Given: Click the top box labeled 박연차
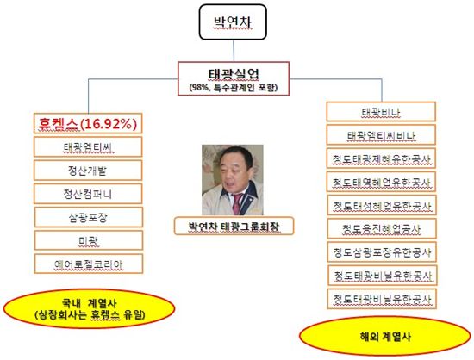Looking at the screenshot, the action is click(233, 22).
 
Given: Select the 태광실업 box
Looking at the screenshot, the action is click(234, 79).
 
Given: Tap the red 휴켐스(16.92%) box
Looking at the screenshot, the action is click(88, 123).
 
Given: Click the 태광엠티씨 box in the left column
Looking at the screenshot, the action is click(88, 146).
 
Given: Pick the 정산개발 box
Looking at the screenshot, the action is click(88, 171).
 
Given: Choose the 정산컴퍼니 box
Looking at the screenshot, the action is click(88, 194).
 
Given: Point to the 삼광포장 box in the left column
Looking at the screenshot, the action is click(89, 217).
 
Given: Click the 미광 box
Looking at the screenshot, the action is click(89, 240).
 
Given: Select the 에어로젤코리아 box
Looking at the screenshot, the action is click(89, 264).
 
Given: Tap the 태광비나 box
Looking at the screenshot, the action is click(381, 112).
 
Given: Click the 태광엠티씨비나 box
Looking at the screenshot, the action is click(381, 135).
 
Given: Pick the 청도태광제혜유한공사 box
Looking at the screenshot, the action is click(381, 158).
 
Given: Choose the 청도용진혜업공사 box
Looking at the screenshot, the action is click(382, 228).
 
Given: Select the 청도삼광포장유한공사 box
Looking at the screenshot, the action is click(382, 251).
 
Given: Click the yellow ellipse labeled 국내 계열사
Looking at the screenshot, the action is click(89, 308).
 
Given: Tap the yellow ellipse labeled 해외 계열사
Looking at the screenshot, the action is click(385, 336).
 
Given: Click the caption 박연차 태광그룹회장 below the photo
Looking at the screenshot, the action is click(234, 226).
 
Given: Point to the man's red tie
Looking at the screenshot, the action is click(237, 203).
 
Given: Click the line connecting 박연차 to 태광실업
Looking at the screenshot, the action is click(234, 51).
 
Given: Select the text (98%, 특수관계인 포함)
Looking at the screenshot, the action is click(234, 88).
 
